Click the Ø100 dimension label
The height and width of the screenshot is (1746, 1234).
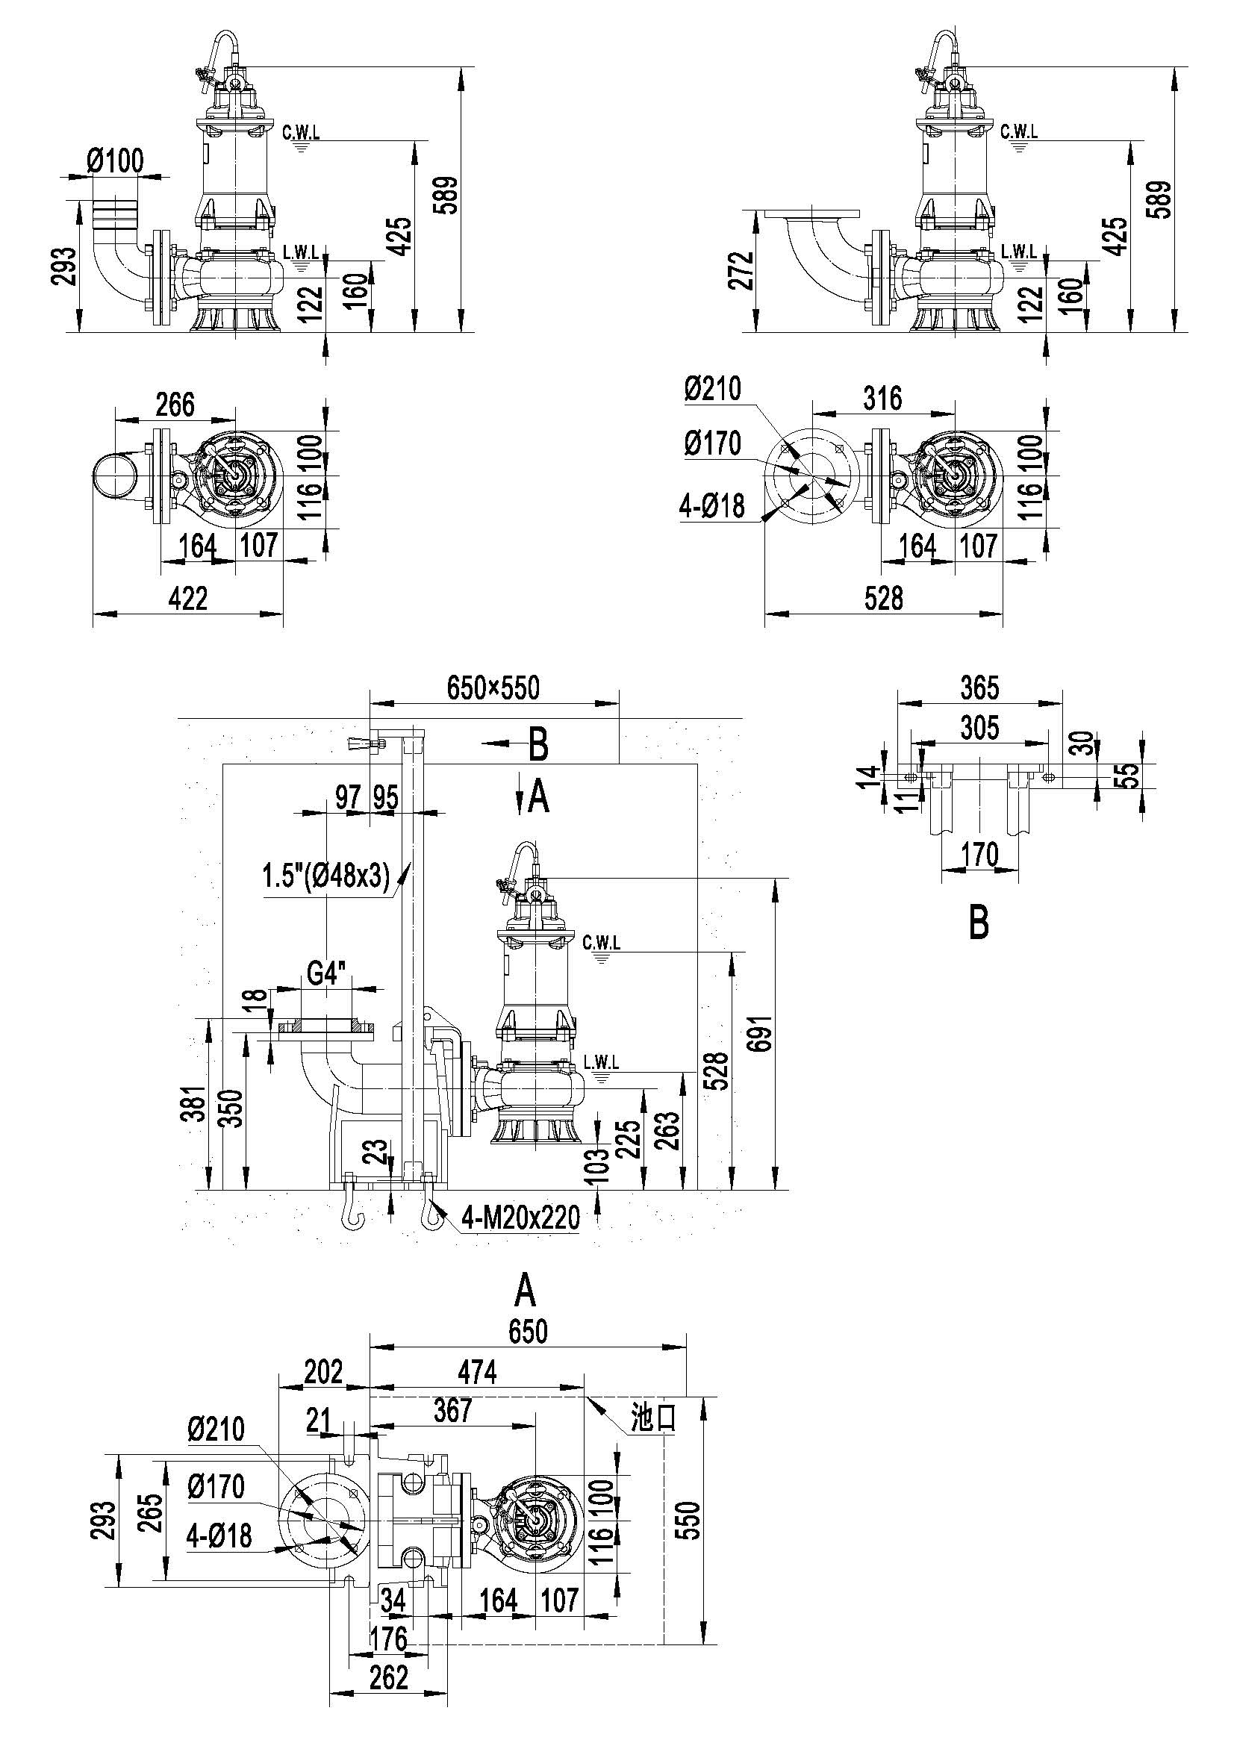coord(115,160)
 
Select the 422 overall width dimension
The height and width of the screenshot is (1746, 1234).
coord(187,599)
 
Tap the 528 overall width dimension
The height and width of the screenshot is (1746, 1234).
coord(884,599)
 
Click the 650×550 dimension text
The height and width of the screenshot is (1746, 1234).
coord(493,688)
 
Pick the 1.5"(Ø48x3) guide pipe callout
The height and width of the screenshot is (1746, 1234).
coord(326,878)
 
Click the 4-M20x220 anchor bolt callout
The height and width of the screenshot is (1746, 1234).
coord(521,1217)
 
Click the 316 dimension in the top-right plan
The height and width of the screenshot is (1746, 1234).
coord(882,398)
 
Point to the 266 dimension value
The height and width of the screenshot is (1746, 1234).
coord(175,404)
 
